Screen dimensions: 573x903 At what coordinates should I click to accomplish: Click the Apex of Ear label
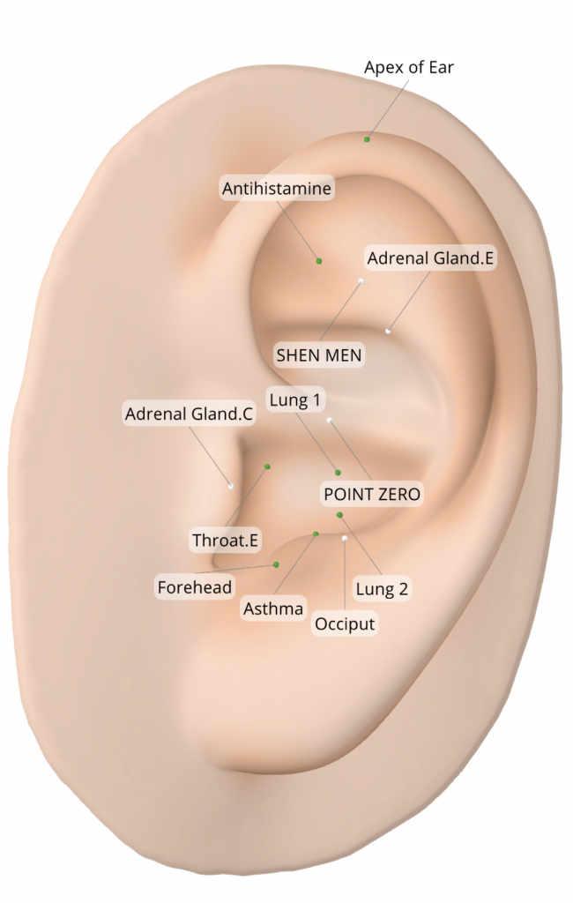point(408,67)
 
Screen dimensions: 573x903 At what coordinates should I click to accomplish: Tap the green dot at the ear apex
point(367,139)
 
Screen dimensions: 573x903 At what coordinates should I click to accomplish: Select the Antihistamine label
point(277,189)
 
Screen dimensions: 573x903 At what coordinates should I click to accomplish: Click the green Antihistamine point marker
point(319,261)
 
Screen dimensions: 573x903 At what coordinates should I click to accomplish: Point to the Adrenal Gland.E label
point(430,258)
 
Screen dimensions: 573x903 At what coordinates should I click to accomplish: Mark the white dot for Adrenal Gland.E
point(388,332)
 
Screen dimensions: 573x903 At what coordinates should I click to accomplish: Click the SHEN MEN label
point(318,355)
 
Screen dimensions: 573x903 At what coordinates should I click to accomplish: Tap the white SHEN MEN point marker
point(361,281)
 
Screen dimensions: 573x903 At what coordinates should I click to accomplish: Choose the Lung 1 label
point(294,399)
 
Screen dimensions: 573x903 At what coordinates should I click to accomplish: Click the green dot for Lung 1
point(338,473)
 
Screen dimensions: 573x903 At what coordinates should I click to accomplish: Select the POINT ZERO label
point(372,494)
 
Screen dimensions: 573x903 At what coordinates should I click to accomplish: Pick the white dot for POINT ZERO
point(330,421)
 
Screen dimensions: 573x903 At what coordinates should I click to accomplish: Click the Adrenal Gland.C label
point(189,414)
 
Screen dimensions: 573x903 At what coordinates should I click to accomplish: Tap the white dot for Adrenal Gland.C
point(231,487)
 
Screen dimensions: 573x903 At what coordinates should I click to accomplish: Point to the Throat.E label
point(225,541)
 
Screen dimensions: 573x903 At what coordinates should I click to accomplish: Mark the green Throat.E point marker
point(267,466)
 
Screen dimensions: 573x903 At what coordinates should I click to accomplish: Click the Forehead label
point(195,586)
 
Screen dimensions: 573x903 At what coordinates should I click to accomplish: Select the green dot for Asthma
point(316,534)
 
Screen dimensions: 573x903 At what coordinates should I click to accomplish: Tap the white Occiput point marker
point(345,539)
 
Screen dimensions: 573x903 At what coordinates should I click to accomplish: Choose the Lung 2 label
point(382,588)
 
